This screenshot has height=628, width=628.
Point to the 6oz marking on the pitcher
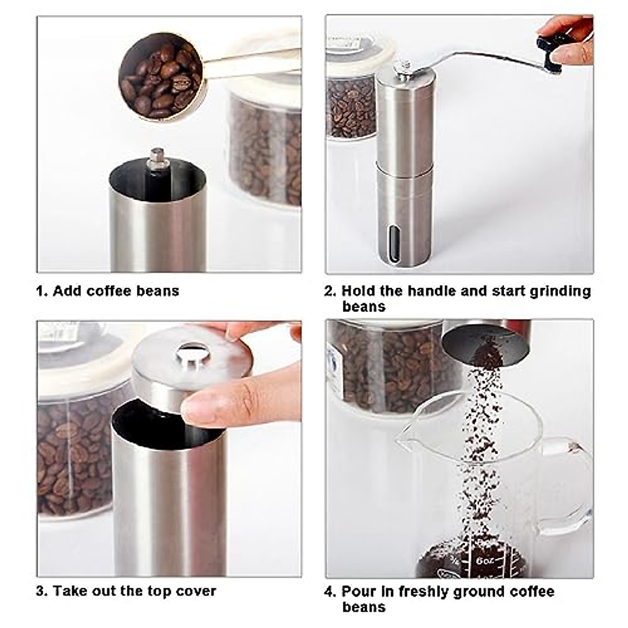pyautogui.click(x=485, y=559)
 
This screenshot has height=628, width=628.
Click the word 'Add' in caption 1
pyautogui.click(x=68, y=291)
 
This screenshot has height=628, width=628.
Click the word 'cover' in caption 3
pyautogui.click(x=196, y=591)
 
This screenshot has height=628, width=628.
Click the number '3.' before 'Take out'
pyautogui.click(x=42, y=591)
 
